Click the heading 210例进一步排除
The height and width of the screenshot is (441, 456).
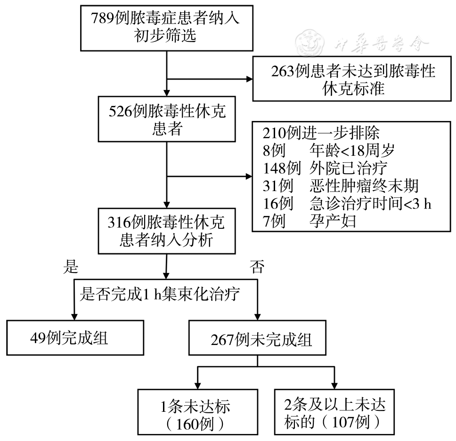[320, 132]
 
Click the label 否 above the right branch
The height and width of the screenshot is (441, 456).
[257, 268]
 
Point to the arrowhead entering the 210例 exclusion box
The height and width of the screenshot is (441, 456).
[248, 177]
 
